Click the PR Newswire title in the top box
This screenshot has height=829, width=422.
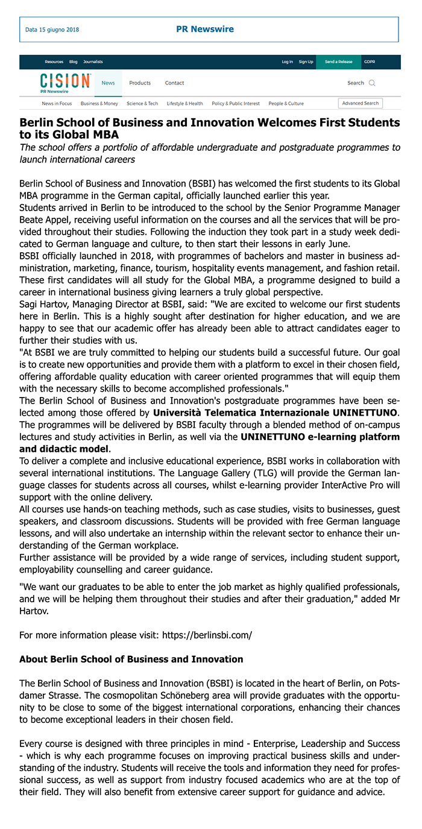[204, 29]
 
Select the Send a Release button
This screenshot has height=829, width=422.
[338, 62]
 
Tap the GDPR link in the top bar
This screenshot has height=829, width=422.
[369, 62]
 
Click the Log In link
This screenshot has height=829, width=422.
[287, 62]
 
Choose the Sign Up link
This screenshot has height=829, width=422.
[306, 62]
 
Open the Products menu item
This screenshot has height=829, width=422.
[140, 83]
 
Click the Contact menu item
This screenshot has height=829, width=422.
[174, 83]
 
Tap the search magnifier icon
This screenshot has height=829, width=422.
[372, 83]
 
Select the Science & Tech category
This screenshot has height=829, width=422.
[142, 103]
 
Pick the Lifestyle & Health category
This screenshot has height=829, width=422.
[184, 103]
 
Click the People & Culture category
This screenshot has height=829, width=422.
[286, 103]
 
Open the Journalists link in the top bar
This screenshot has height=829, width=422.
[93, 62]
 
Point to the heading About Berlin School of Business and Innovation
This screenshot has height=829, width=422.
[131, 659]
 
